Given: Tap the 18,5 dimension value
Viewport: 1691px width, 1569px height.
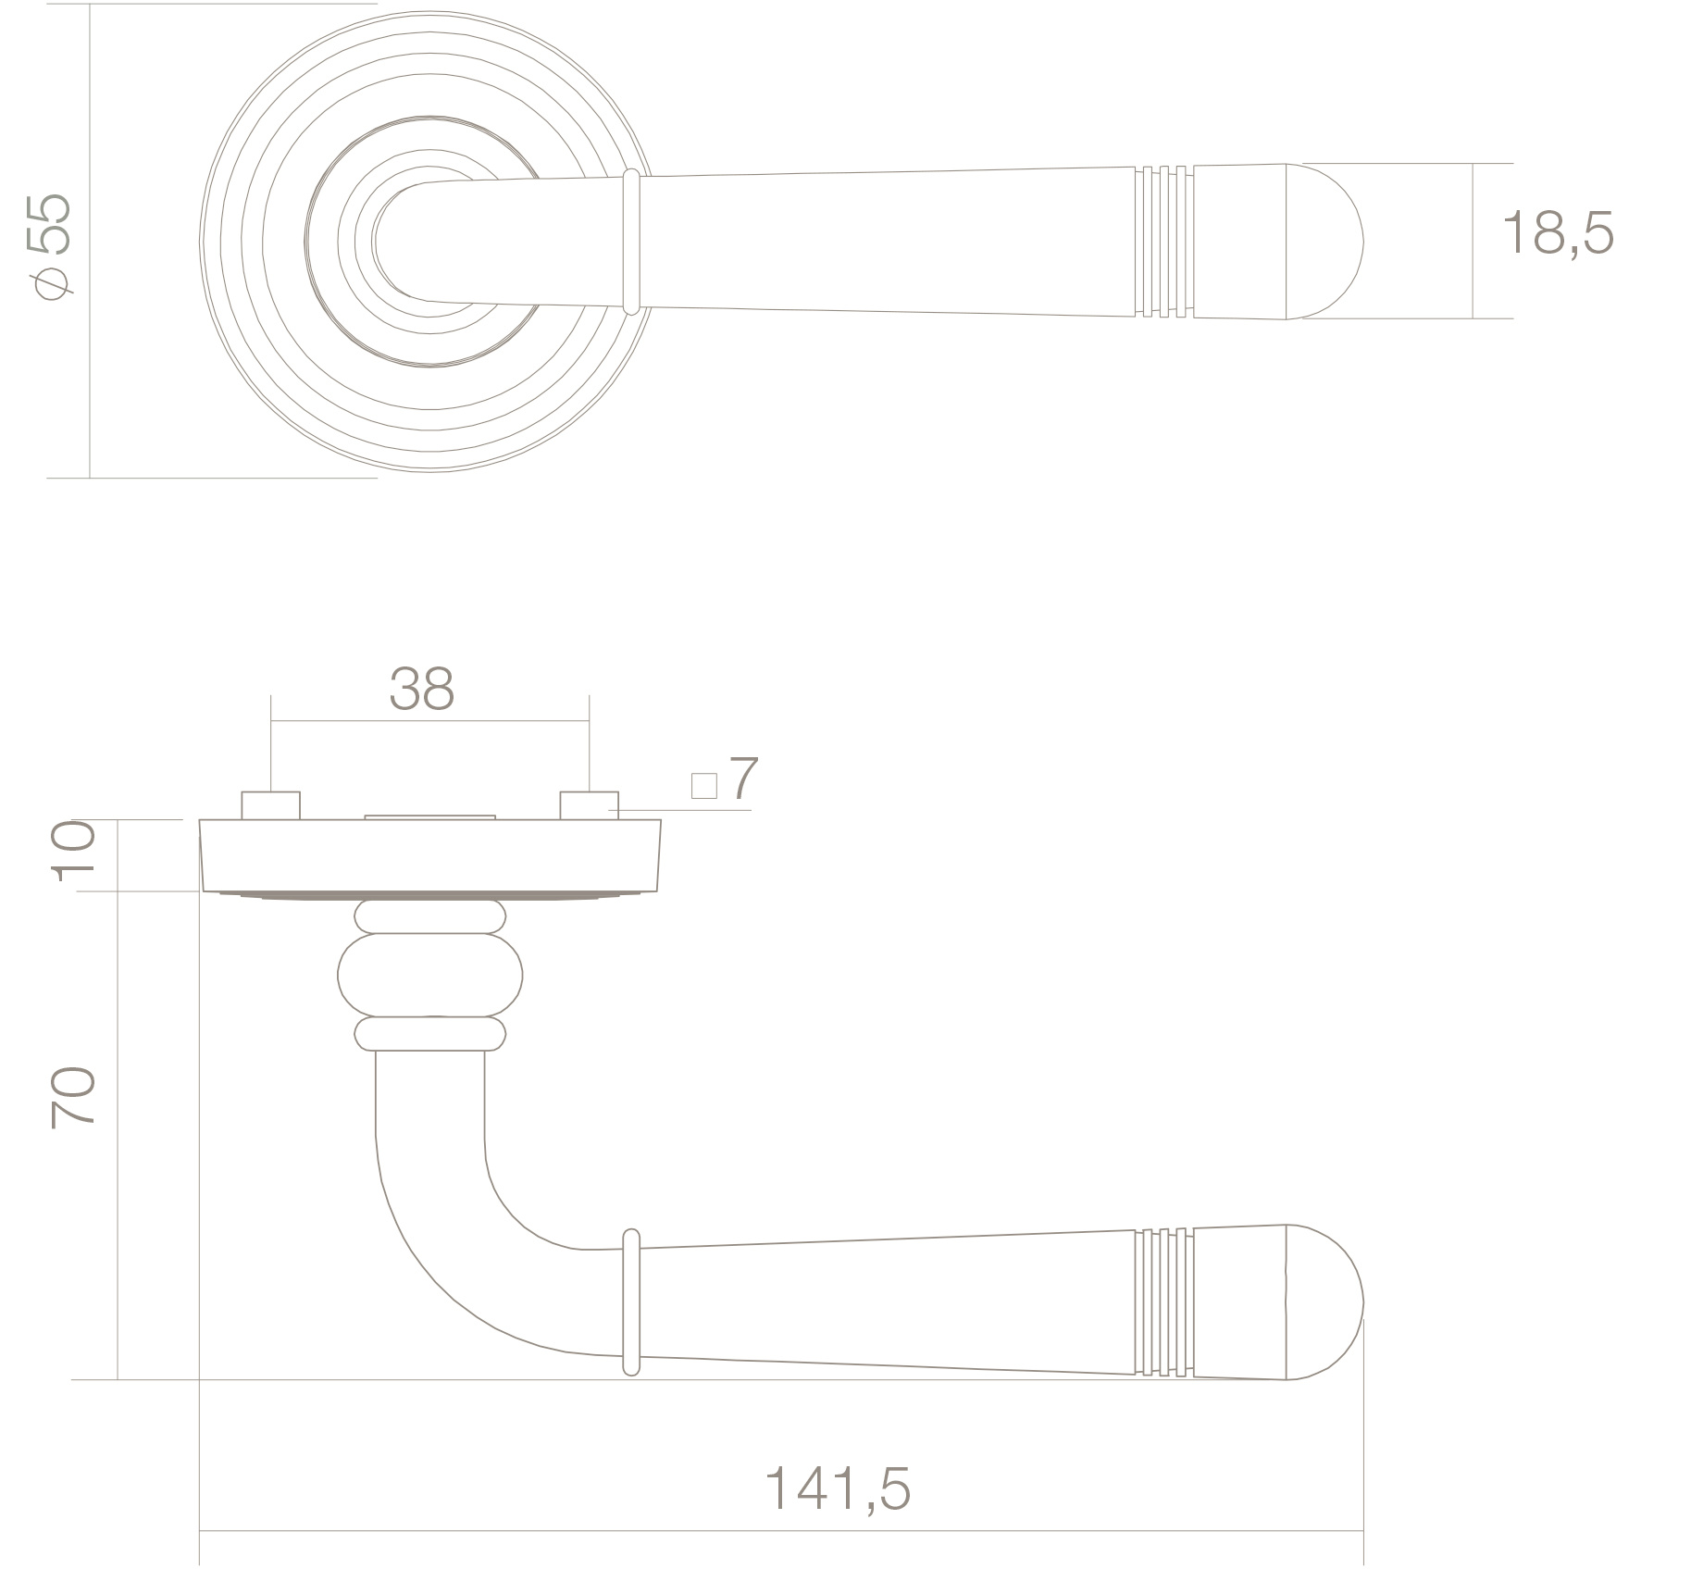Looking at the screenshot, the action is [x=1558, y=233].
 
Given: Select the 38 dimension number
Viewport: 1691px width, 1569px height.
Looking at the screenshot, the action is [x=422, y=689].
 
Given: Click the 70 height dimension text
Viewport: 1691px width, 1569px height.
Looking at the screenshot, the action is [x=72, y=1096].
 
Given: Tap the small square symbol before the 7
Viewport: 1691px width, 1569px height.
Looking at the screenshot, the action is [x=704, y=786].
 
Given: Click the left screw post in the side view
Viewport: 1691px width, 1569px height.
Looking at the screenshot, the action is [x=270, y=805].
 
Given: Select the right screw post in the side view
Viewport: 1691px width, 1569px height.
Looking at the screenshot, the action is [x=589, y=805].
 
